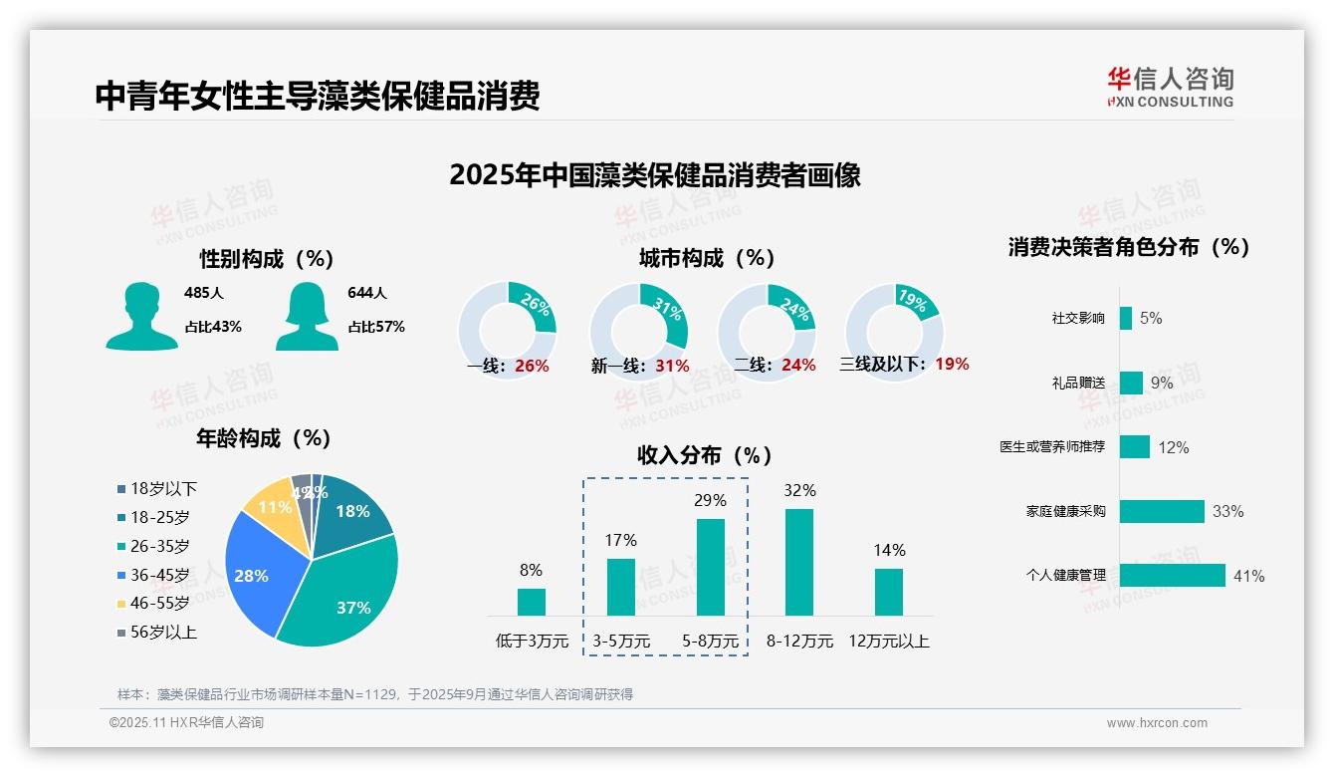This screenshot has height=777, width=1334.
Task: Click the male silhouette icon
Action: click(141, 316)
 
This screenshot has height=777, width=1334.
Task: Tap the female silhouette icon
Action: click(307, 316)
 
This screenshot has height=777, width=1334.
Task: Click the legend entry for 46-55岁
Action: click(153, 603)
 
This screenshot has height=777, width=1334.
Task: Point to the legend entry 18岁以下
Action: click(156, 488)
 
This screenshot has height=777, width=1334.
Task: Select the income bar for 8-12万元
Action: click(799, 562)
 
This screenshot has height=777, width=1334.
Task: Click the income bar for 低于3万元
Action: click(532, 602)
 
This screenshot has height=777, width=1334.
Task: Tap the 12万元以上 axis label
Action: click(888, 642)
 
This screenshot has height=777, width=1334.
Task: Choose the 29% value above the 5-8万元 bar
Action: click(710, 500)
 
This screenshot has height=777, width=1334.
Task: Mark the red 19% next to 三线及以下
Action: click(952, 364)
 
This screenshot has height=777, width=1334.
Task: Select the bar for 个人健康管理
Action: click(1172, 576)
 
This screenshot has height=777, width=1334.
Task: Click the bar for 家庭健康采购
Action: click(1162, 511)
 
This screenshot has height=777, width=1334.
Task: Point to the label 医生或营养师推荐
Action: click(1052, 447)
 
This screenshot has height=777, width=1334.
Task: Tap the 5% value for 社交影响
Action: click(1151, 318)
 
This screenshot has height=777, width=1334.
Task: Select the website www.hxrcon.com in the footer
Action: click(1157, 723)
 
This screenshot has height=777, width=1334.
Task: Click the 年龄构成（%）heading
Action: click(264, 438)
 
